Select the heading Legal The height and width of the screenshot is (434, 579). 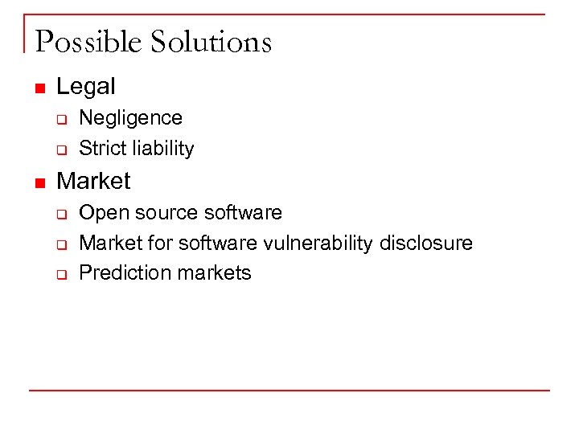pyautogui.click(x=86, y=86)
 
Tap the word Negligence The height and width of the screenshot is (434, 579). pyautogui.click(x=131, y=118)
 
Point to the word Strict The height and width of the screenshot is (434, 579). pyautogui.click(x=101, y=149)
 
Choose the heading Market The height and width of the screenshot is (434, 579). pyautogui.click(x=93, y=181)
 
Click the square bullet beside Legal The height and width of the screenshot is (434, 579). pyautogui.click(x=39, y=88)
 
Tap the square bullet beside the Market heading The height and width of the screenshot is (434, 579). pyautogui.click(x=39, y=182)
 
